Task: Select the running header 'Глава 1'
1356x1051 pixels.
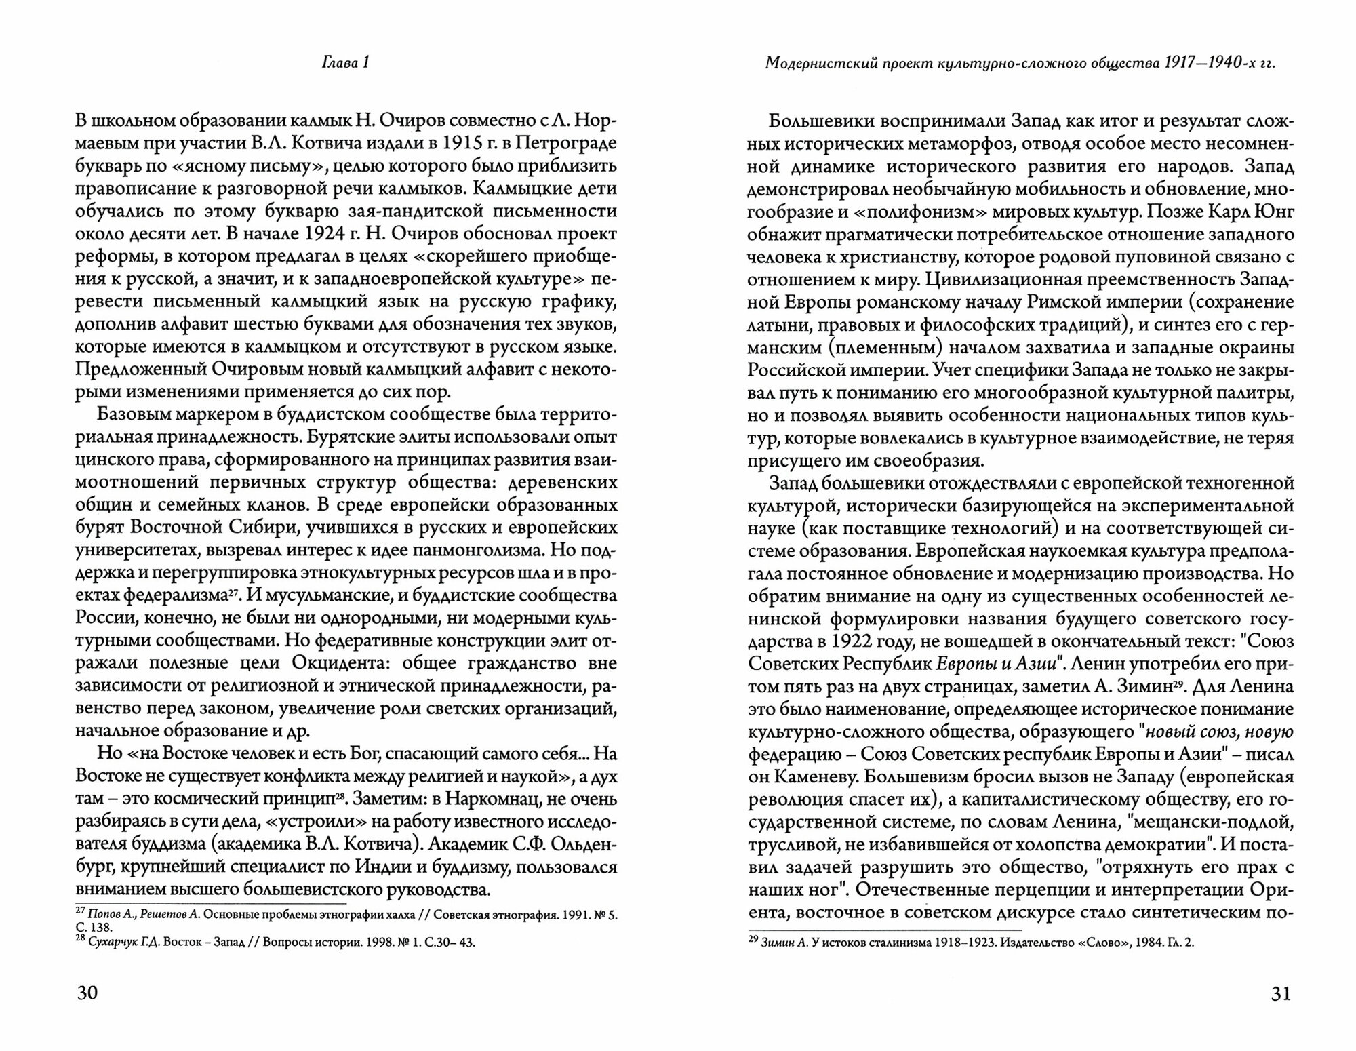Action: coord(345,63)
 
